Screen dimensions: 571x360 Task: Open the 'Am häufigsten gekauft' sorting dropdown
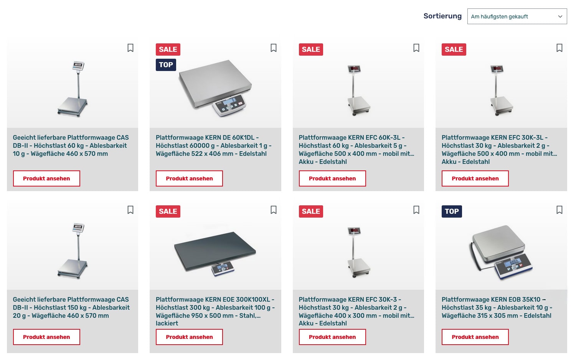pos(517,17)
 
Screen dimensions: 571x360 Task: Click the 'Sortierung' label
pos(442,16)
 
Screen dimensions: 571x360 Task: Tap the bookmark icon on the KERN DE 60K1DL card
pos(273,48)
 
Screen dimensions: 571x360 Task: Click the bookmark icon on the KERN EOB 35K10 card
pos(559,210)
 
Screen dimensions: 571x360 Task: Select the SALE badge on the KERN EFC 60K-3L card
pos(311,49)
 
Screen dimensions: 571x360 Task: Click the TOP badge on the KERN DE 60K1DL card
pos(166,65)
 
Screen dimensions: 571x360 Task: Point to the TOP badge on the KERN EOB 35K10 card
pos(451,211)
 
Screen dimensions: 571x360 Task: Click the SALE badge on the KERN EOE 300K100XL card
pos(168,211)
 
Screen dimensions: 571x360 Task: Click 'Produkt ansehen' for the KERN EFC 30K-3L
pos(475,178)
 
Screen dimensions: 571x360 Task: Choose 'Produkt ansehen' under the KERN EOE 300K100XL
pos(189,337)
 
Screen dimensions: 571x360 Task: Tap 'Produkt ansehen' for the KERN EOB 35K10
pos(475,337)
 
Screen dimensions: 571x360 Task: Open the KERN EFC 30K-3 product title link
pos(356,311)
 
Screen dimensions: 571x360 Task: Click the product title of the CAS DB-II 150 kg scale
pos(71,307)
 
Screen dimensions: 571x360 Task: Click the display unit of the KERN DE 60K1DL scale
pos(229,105)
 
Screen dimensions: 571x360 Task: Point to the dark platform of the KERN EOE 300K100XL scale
pos(215,251)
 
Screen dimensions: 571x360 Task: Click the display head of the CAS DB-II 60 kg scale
pos(78,66)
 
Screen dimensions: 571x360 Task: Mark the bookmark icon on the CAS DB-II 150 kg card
pos(130,210)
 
